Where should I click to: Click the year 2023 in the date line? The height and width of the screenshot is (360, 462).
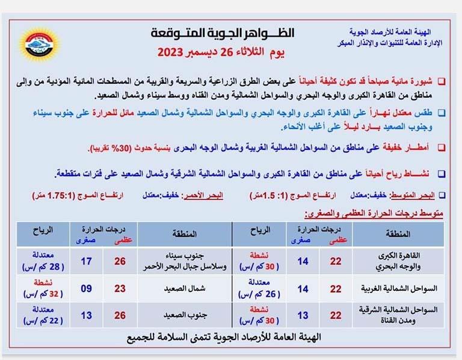coord(175,52)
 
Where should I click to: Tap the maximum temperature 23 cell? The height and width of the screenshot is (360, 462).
coord(120,288)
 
